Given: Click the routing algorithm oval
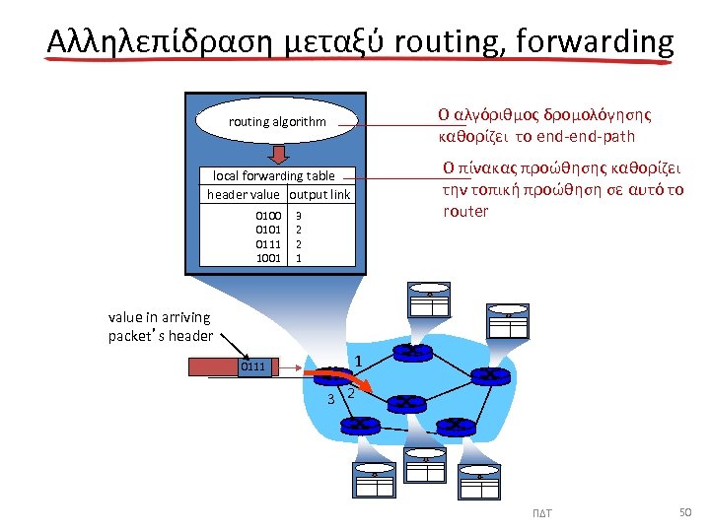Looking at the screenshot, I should (276, 122).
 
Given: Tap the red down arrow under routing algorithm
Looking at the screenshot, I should (279, 154).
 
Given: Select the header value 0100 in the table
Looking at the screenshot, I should (268, 214).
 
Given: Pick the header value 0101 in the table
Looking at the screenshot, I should (268, 229).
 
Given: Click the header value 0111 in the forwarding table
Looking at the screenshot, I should (268, 243).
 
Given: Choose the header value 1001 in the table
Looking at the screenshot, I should (268, 258).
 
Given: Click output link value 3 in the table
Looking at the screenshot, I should (299, 214).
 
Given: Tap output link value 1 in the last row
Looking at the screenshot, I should (299, 258).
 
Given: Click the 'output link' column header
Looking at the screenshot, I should (319, 194).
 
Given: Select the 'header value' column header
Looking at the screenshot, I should (243, 194).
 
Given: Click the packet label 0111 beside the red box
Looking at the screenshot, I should (254, 367).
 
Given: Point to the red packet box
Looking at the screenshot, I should (213, 368).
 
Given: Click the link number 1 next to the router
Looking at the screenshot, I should (360, 362).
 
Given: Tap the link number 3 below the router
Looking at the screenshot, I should (331, 398).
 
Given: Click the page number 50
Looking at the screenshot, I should (686, 512).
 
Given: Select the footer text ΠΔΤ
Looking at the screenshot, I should (541, 513).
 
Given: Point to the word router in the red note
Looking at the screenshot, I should (465, 211).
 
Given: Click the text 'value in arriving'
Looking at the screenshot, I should (160, 316).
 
